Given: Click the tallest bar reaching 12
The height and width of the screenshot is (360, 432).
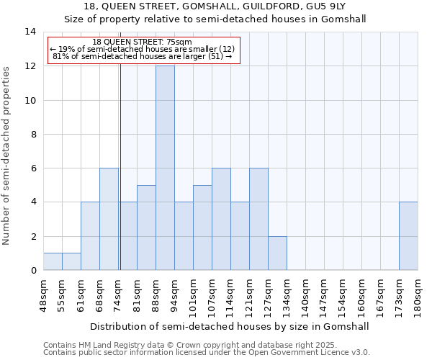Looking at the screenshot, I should [165, 168].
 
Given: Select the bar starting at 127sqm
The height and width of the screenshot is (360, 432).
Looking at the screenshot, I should [277, 253].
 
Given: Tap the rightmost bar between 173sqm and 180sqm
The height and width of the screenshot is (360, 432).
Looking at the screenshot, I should [408, 235].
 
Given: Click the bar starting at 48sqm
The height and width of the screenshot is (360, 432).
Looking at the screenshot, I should [53, 261].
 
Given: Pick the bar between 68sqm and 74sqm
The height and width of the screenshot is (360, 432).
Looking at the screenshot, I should [109, 219].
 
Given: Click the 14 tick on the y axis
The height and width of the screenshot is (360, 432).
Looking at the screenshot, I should [30, 32].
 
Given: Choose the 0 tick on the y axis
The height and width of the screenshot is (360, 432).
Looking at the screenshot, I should [32, 271].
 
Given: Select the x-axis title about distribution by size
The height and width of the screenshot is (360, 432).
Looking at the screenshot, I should [230, 326].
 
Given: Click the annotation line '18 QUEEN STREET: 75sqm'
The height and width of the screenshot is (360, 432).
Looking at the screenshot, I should [143, 42].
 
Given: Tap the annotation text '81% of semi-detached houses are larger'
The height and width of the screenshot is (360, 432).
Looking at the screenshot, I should [143, 56].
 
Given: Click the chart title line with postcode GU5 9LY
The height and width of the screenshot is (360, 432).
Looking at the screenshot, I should [215, 6].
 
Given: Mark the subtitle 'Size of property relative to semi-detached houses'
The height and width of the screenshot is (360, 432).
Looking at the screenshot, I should [215, 19].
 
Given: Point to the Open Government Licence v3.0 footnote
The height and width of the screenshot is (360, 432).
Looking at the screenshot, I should [207, 353].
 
